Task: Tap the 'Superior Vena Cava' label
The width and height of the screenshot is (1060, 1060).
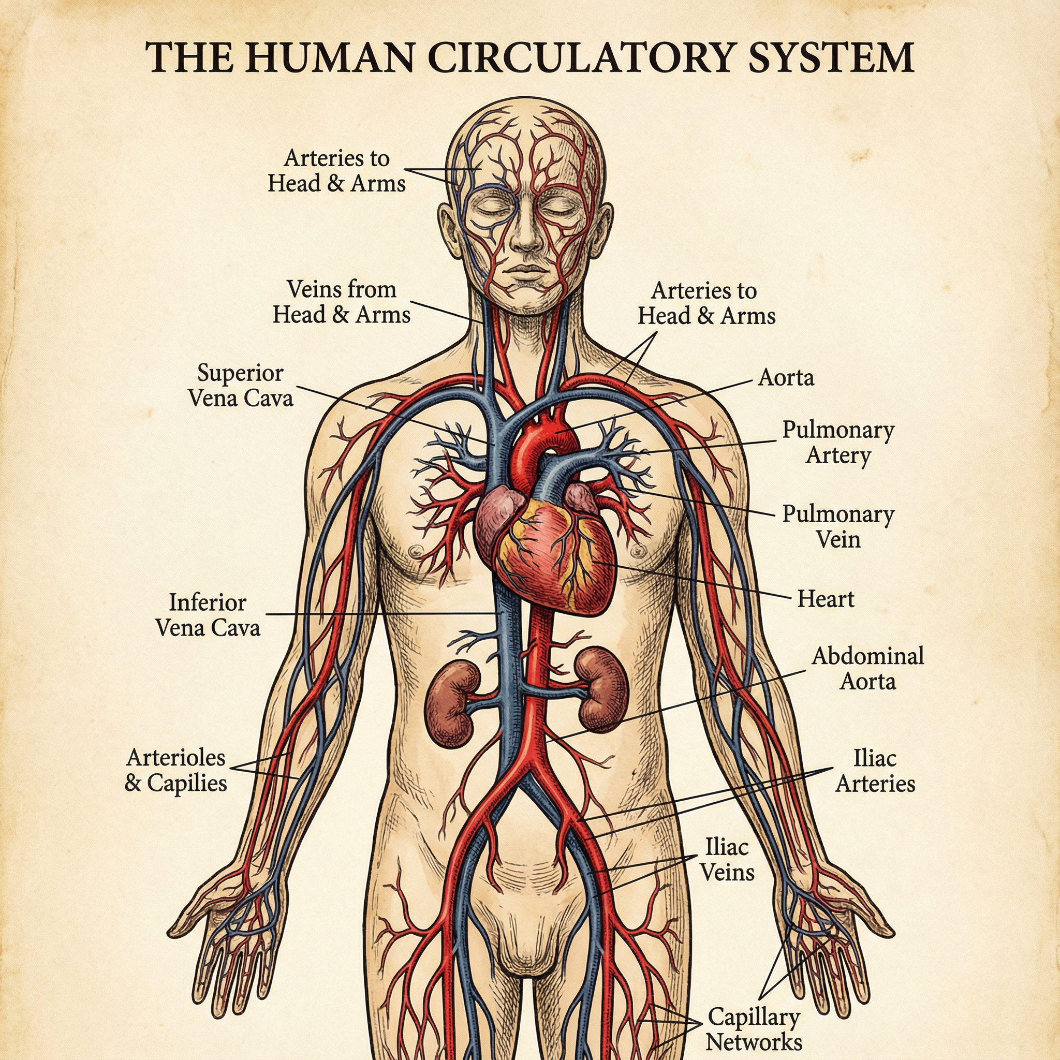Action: click(x=241, y=385)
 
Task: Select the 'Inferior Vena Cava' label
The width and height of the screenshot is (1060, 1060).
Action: click(x=208, y=614)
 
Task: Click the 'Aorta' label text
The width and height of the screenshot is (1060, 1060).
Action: click(x=786, y=377)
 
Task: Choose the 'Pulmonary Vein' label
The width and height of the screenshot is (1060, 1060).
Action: click(x=838, y=527)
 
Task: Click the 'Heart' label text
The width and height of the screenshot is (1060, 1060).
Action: click(x=826, y=599)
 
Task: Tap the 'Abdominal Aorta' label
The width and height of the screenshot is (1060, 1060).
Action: click(x=868, y=668)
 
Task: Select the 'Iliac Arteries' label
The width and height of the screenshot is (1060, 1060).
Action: click(x=875, y=771)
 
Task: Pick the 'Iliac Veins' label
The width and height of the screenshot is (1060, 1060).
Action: click(x=728, y=860)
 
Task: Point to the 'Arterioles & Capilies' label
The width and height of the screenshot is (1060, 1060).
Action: click(x=175, y=770)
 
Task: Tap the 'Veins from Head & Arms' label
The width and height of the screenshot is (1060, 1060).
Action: click(x=341, y=302)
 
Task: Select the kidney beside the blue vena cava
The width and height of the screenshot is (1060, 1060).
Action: click(x=451, y=703)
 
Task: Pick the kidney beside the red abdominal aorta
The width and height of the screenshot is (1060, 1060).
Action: click(x=602, y=689)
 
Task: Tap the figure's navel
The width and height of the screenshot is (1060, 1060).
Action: click(x=634, y=773)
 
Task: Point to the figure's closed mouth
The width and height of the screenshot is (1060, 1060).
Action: click(x=528, y=271)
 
